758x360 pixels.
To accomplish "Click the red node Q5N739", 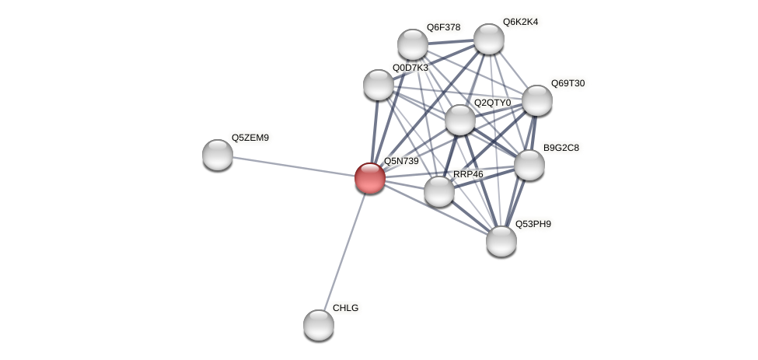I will click(369, 178).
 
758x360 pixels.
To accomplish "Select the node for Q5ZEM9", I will click(218, 154).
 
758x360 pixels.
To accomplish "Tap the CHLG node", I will click(318, 324).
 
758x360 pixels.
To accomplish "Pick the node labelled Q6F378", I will click(412, 44).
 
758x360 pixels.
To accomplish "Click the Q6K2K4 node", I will click(488, 38).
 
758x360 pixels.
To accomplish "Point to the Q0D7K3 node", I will click(379, 84).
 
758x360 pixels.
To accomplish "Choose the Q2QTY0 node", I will click(459, 119).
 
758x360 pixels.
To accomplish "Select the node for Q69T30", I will click(536, 100).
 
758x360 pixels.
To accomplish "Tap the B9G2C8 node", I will click(529, 164).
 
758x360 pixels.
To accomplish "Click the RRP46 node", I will click(438, 190).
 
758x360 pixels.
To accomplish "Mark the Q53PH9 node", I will click(501, 240).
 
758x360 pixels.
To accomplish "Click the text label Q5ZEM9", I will click(250, 138).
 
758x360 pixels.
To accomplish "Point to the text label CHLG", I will click(345, 308).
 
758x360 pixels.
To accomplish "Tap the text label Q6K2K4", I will click(519, 22).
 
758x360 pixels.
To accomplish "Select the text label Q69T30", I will click(568, 83).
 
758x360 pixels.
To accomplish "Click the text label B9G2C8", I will click(561, 148).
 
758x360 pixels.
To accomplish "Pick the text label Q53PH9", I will click(533, 225).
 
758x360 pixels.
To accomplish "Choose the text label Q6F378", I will click(443, 27).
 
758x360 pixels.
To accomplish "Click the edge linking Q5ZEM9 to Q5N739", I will click(293, 166).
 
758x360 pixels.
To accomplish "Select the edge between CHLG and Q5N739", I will click(344, 251).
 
